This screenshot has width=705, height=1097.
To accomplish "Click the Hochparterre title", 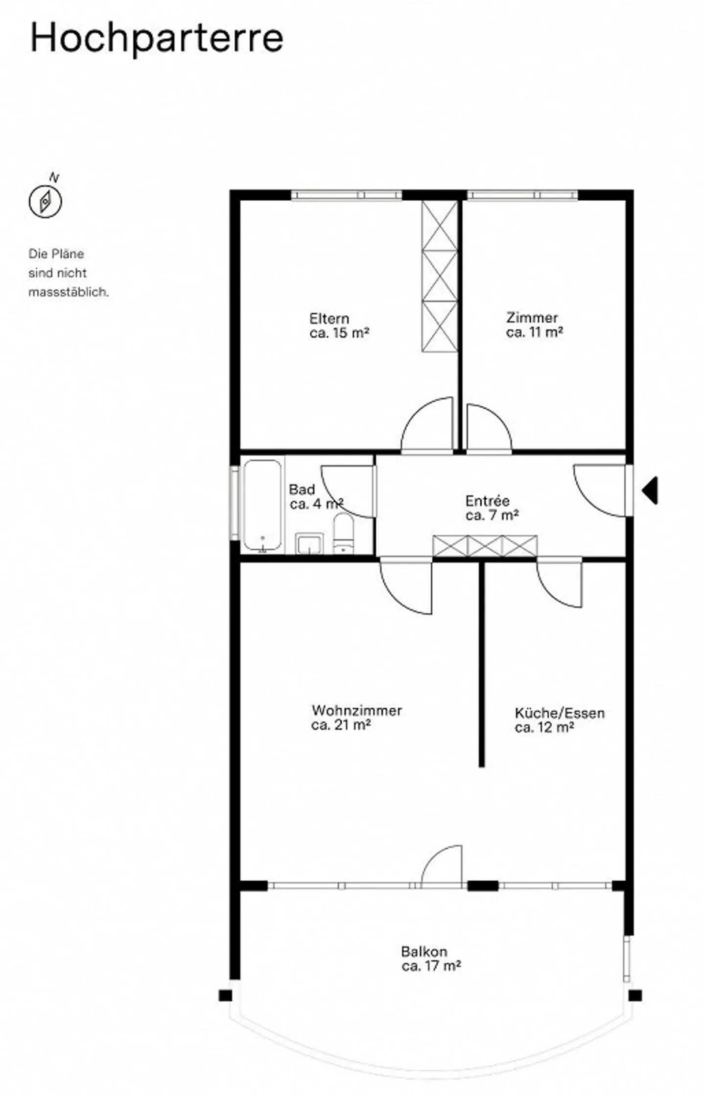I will (x=157, y=38).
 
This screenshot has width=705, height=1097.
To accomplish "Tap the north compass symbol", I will (x=45, y=201).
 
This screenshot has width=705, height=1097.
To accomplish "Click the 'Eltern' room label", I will (x=329, y=318).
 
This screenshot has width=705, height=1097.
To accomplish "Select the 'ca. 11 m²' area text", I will (x=534, y=332).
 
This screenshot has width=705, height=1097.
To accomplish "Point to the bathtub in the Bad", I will (x=262, y=505).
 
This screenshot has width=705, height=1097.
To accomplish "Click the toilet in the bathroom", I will (x=344, y=533).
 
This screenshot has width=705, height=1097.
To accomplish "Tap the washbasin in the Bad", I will (x=309, y=543).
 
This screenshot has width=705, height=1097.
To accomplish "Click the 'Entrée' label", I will (x=487, y=501).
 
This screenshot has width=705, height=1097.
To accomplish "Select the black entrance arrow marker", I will (x=650, y=490).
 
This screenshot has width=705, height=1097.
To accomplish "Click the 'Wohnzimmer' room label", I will (x=356, y=710).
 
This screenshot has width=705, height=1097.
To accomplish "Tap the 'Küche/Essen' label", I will (x=559, y=713).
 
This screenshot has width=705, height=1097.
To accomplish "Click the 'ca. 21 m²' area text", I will (x=340, y=725).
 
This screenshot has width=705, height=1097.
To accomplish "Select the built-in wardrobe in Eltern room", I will (x=439, y=276).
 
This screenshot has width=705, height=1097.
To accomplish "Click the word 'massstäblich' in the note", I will (x=69, y=292).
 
